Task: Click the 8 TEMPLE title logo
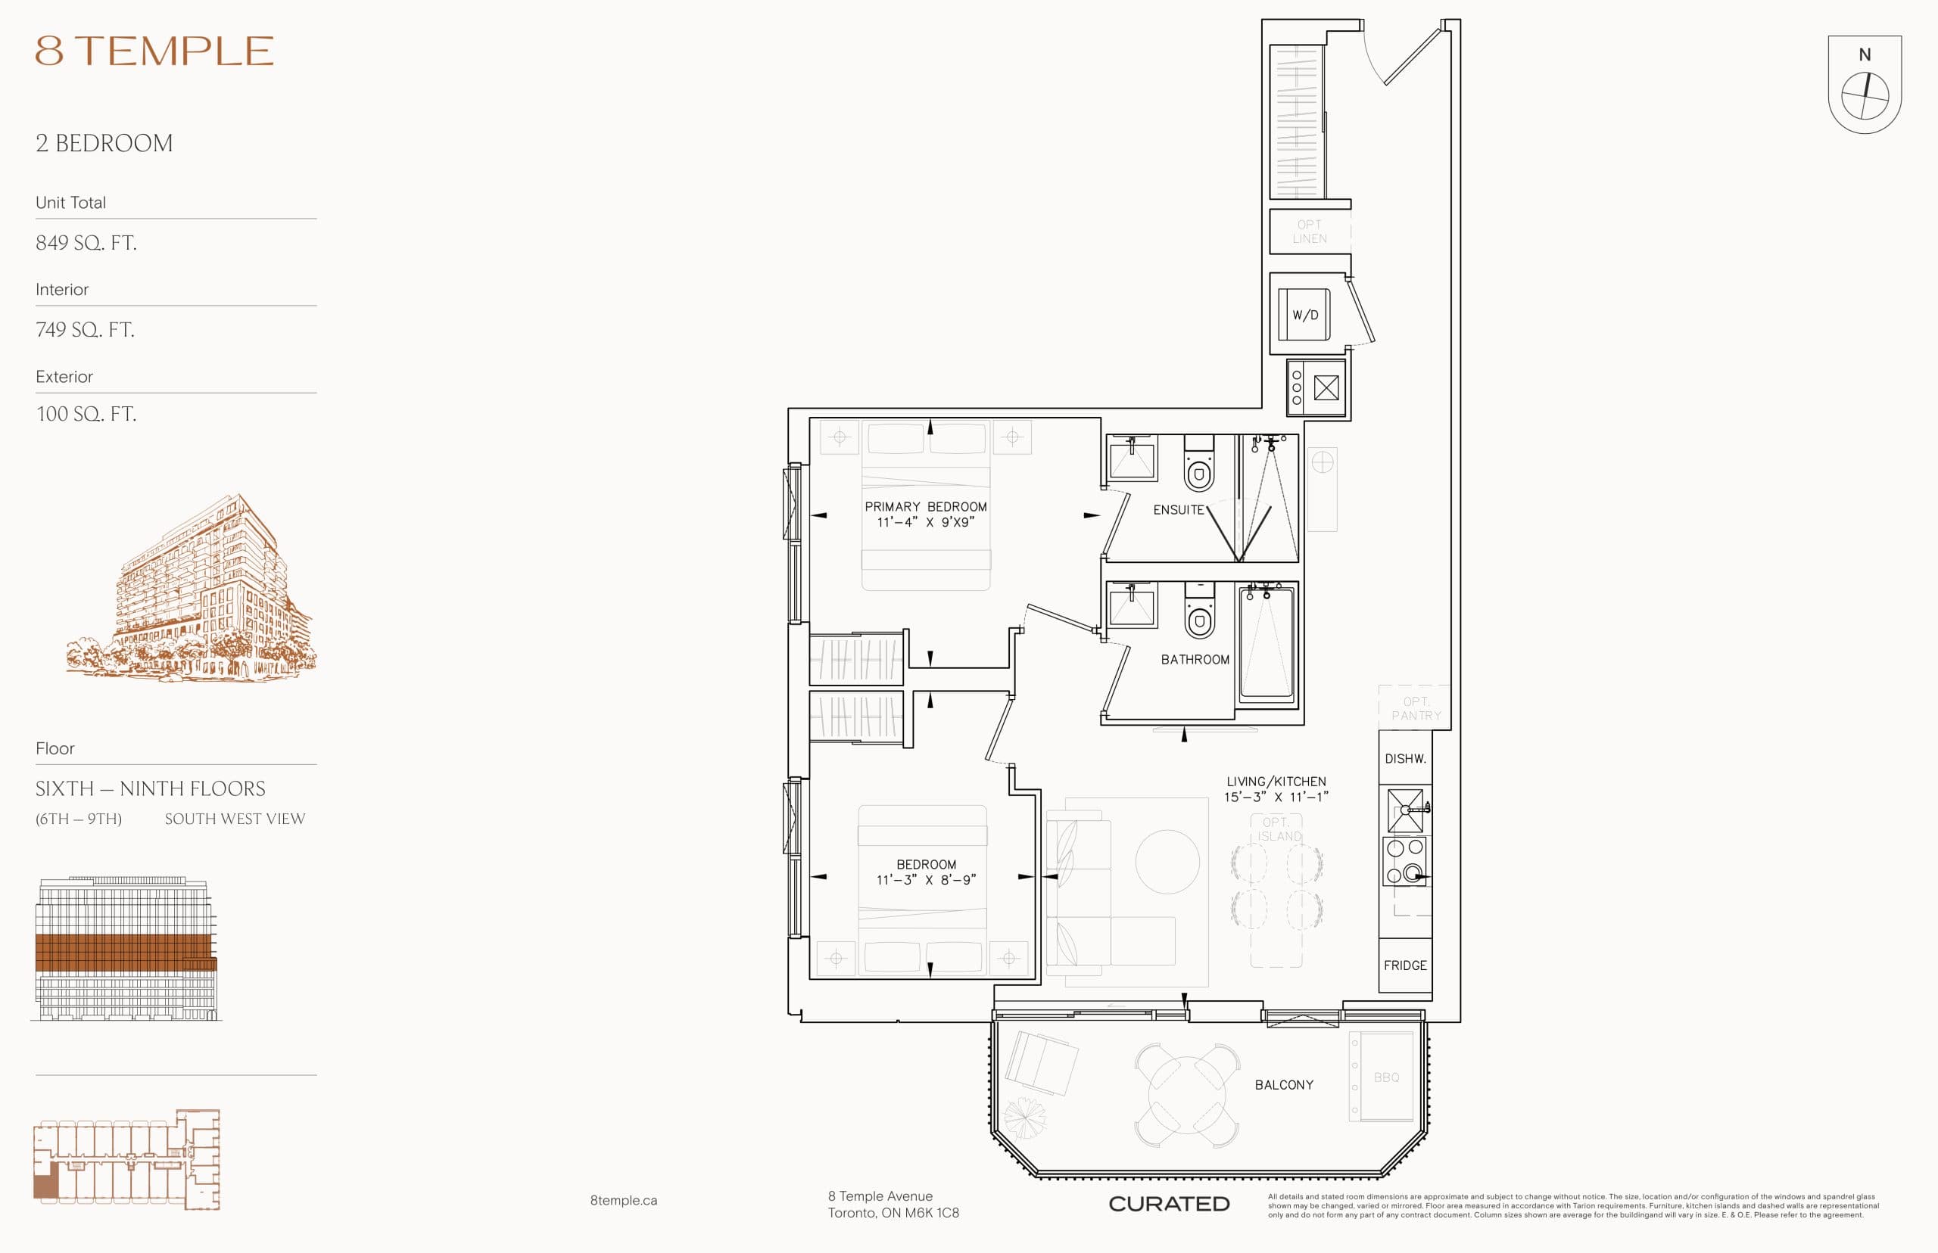coord(154,51)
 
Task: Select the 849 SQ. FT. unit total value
coord(86,242)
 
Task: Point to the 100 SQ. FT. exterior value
coord(86,414)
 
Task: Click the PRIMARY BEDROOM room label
coord(925,507)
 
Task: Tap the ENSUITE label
coord(1178,510)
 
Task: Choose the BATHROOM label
coord(1195,660)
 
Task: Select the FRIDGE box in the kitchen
coord(1405,965)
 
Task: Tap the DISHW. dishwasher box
coord(1405,759)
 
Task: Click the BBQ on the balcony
coord(1385,1077)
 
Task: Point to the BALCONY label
coord(1284,1085)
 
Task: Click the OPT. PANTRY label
coord(1416,709)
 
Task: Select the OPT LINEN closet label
coord(1309,232)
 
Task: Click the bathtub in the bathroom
coord(1266,645)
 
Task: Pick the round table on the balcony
coord(1187,1095)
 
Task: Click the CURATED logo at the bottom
coord(1169,1204)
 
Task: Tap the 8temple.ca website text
coord(624,1201)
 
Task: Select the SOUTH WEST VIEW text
coord(235,819)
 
